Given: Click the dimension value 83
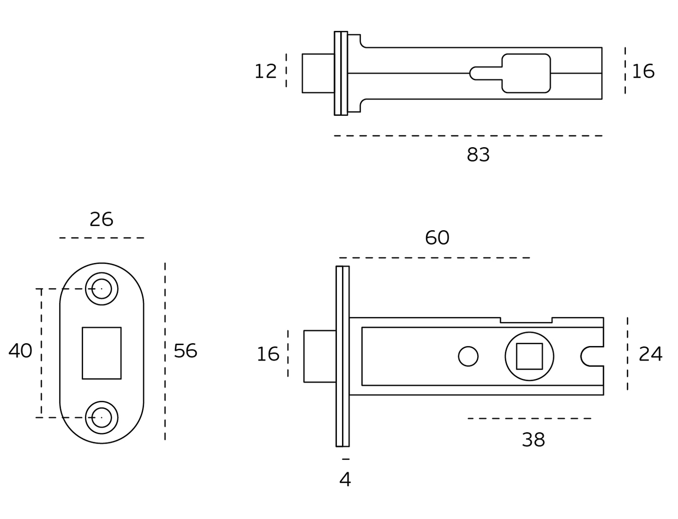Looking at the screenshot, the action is click(x=478, y=154).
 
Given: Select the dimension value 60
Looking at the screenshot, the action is click(x=437, y=238).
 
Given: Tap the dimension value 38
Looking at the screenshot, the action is click(x=533, y=440).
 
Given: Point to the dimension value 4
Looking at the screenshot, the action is click(x=345, y=480).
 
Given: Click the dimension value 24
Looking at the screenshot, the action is click(x=650, y=354).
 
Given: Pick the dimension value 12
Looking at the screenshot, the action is click(x=266, y=71).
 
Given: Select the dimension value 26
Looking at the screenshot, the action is click(x=101, y=219).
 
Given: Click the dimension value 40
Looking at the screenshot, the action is click(x=20, y=351).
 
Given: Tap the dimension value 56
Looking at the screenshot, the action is click(x=185, y=351).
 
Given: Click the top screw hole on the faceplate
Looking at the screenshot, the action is click(x=102, y=289).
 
